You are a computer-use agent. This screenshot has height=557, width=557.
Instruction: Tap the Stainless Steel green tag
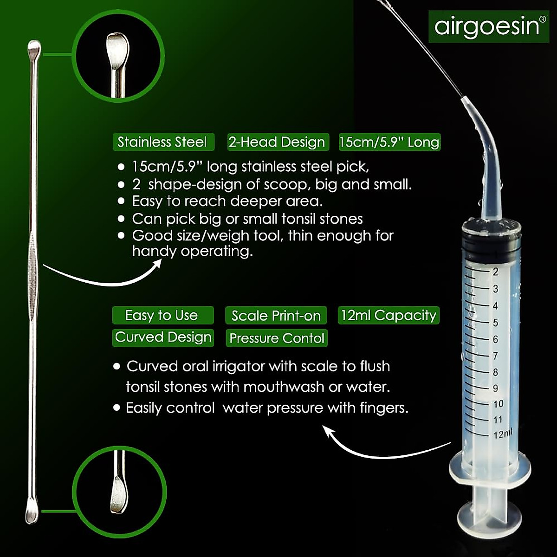point(163,142)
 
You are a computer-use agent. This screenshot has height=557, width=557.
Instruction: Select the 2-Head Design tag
point(277,142)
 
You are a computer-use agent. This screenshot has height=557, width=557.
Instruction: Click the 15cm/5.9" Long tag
point(389,142)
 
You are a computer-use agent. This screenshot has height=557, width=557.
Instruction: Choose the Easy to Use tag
point(162,316)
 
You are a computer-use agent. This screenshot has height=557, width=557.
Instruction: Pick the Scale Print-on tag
point(276,316)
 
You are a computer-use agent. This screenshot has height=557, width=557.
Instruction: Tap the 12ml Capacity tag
point(389,316)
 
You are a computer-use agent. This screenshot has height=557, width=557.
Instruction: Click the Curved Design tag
point(163,337)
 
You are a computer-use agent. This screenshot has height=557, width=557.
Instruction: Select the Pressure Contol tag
point(277,338)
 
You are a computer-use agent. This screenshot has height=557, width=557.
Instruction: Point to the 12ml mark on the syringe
point(502,434)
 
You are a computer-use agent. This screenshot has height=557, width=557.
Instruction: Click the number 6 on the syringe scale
point(495,339)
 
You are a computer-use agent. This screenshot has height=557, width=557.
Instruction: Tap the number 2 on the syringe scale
point(495,272)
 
